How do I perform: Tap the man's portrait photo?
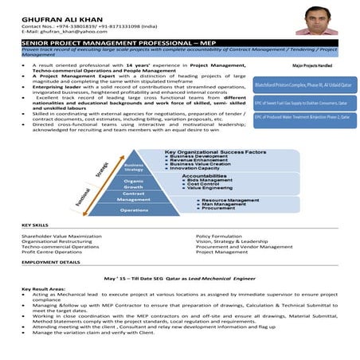point(316,19)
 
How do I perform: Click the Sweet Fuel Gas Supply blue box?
point(303,103)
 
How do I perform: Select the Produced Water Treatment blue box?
point(303,119)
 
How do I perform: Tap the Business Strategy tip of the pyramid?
point(134,166)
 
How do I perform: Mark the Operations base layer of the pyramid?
point(134,210)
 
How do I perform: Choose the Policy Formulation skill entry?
point(221,237)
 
